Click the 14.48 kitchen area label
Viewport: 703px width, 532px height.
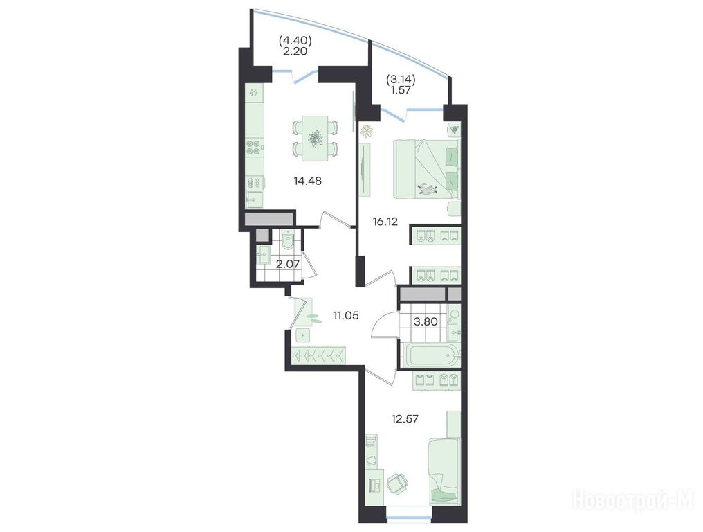(307, 181)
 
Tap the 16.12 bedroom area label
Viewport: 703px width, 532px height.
(385, 222)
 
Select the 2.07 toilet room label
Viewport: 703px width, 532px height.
(287, 264)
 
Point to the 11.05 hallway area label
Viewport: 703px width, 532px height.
(346, 316)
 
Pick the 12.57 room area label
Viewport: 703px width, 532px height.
(405, 419)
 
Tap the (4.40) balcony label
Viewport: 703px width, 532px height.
(295, 41)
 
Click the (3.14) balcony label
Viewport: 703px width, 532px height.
(401, 80)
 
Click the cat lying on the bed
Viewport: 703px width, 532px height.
(428, 188)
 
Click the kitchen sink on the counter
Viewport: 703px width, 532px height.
(254, 199)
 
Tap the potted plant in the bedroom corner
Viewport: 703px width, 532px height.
(369, 131)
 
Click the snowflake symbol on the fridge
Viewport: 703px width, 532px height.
(254, 93)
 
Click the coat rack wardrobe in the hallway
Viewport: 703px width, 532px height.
(318, 355)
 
